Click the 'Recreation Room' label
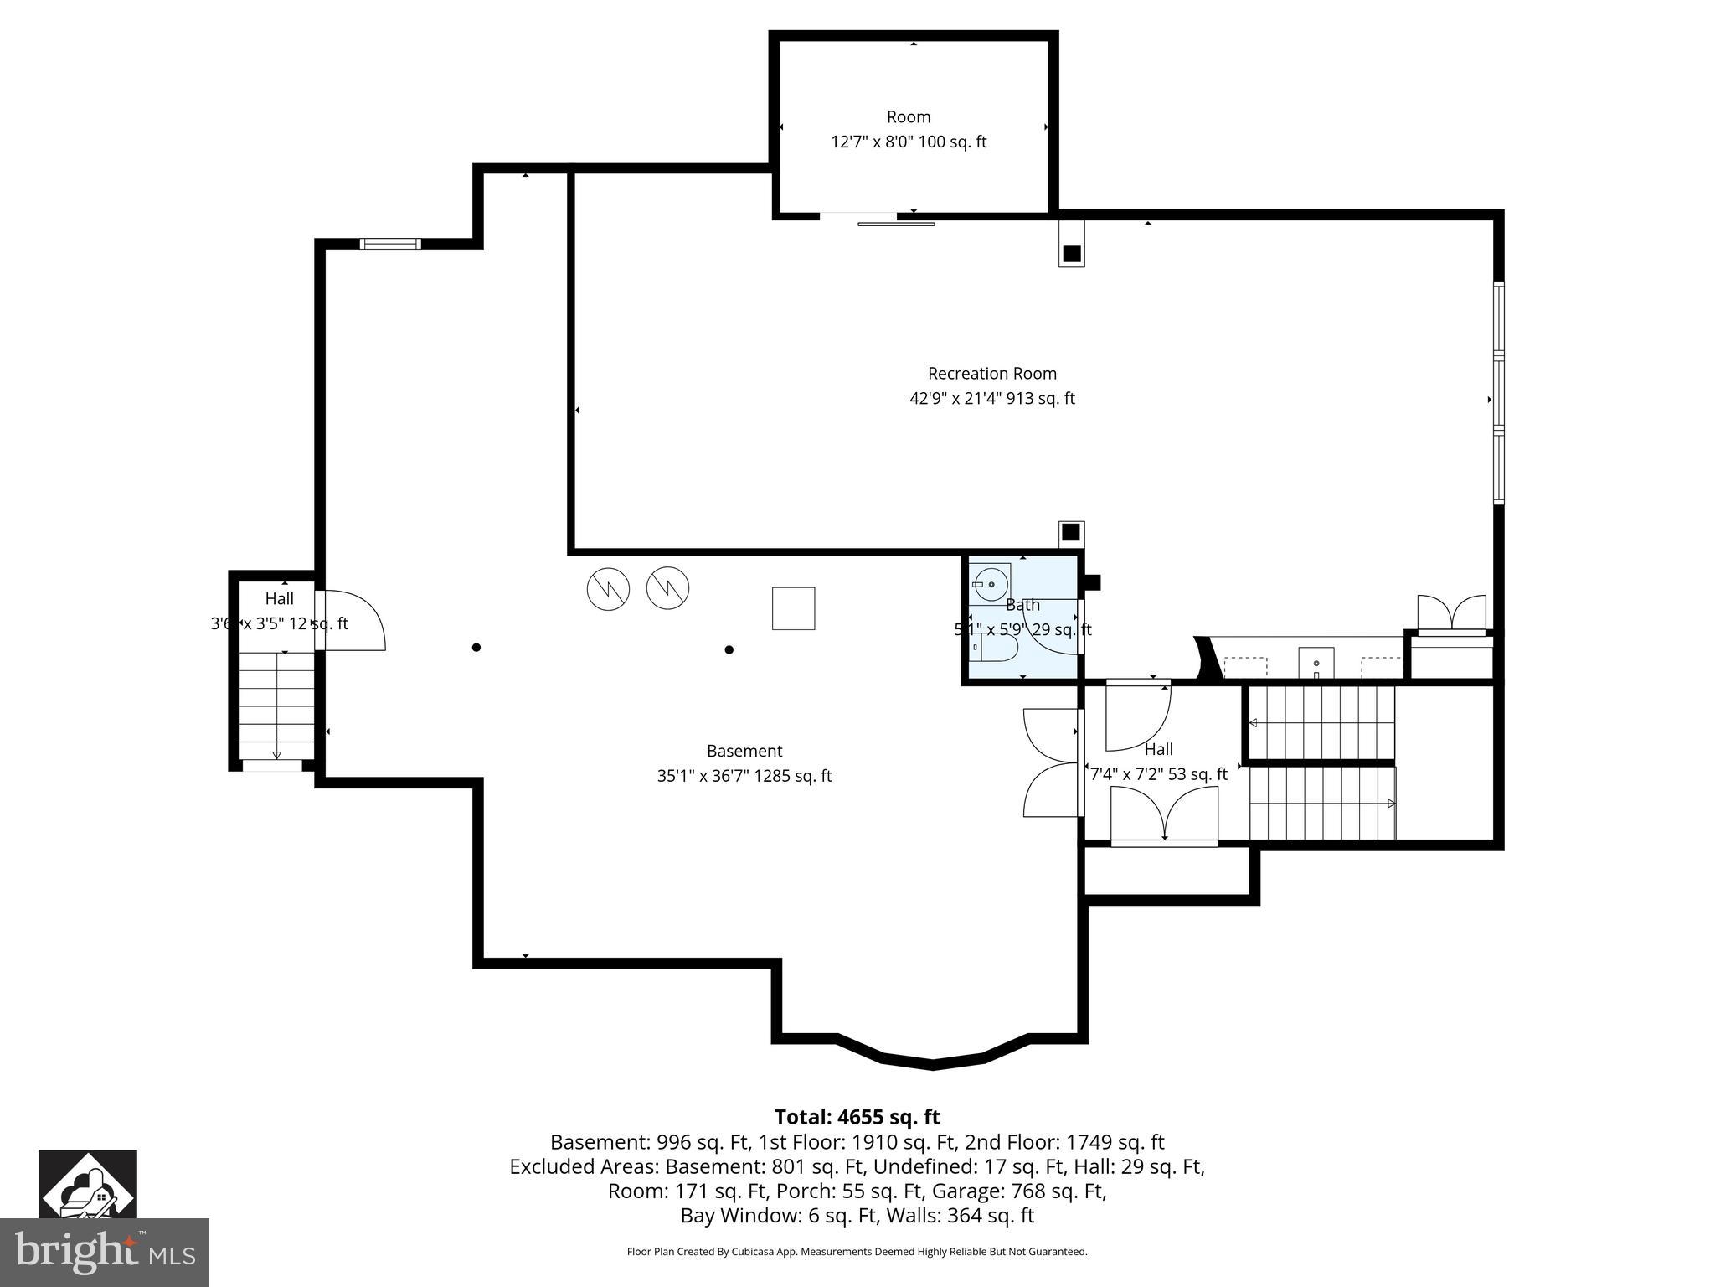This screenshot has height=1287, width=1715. coord(991,374)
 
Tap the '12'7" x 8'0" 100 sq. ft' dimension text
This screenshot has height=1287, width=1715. coord(909,142)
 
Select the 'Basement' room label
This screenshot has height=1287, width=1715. coord(744,752)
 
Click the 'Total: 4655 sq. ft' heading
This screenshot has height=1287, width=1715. coord(857,1117)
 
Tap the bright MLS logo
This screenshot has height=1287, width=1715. coord(104,1253)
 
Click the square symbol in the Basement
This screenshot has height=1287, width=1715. coord(793,608)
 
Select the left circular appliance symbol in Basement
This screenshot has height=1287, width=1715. coord(608,589)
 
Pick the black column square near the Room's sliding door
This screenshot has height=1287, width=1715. coord(1071,253)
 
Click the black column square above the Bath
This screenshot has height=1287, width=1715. coord(1070,532)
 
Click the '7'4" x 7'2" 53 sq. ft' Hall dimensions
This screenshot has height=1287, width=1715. coord(1158,774)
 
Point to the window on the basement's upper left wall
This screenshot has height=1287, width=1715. coord(389,244)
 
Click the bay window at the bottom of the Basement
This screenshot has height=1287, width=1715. coord(932,1062)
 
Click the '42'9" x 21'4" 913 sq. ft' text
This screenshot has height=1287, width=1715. coord(991,399)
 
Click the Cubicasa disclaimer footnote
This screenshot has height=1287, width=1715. coord(857,1252)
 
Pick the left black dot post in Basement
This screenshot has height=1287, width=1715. coord(476,647)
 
